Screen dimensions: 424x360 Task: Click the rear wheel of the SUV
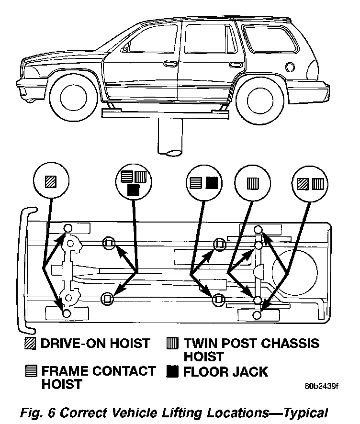(259, 99)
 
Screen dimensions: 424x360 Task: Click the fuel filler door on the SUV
(290, 66)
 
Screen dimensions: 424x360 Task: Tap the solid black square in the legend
(174, 371)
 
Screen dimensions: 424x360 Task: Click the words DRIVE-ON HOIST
(95, 343)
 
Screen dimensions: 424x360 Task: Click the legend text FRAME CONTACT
(98, 371)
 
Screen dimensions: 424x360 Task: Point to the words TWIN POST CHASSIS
(252, 343)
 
